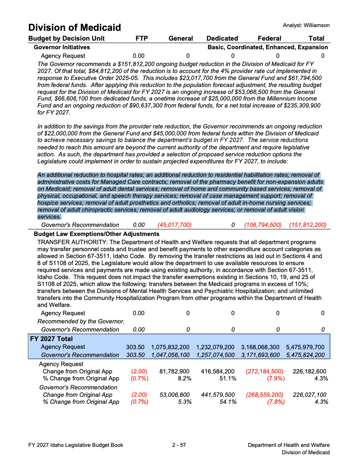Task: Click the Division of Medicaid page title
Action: click(x=75, y=27)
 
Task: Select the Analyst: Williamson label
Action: click(x=306, y=25)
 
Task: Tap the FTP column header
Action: click(x=141, y=39)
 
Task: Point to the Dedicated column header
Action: click(x=222, y=39)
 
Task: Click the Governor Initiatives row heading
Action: click(x=62, y=47)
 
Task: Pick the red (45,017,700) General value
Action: click(x=174, y=225)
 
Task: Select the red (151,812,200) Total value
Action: click(x=308, y=225)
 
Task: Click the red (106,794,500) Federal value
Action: click(x=263, y=225)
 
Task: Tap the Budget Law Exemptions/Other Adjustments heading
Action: click(x=96, y=234)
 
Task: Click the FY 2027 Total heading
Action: click(x=51, y=339)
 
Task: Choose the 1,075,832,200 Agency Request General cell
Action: click(x=170, y=347)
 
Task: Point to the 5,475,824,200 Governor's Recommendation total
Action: click(x=305, y=355)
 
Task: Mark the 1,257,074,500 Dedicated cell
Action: click(x=215, y=355)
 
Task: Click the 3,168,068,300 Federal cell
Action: click(x=260, y=347)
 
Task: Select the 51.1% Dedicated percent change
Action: click(x=228, y=378)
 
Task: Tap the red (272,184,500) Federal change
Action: click(x=264, y=371)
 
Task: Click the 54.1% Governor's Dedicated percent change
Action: click(x=228, y=402)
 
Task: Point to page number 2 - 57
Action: click(x=179, y=445)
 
